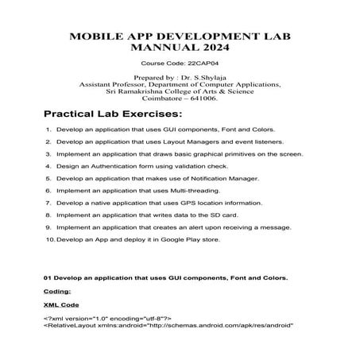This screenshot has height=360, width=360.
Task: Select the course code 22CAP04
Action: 202,61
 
